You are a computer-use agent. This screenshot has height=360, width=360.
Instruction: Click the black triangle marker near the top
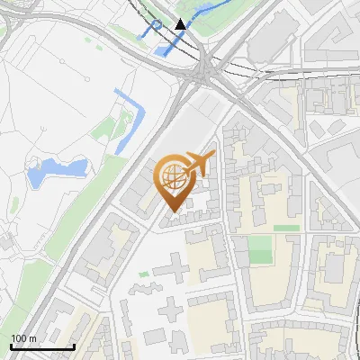(x=181, y=23)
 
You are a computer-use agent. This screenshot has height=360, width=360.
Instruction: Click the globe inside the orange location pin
(x=174, y=178)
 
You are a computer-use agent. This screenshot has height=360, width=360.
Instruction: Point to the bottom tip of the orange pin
(x=172, y=213)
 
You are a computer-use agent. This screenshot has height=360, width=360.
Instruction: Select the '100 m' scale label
(x=23, y=337)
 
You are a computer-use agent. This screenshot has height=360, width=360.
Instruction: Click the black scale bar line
(x=41, y=346)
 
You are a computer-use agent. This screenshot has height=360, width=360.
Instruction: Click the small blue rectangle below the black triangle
(x=165, y=50)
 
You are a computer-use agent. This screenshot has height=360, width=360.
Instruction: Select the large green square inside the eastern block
(x=260, y=249)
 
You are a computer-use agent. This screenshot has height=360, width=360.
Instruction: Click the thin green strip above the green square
(x=286, y=228)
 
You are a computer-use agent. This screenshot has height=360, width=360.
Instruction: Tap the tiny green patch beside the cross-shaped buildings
(x=143, y=274)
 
